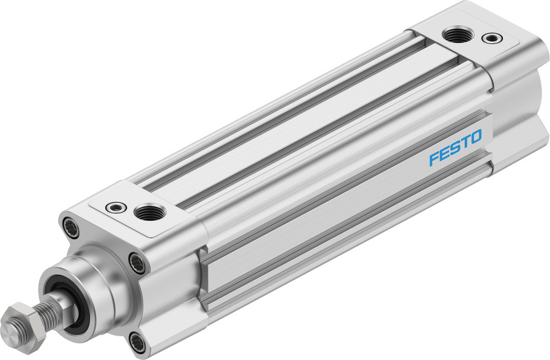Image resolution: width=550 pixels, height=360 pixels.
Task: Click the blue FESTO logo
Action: (x=455, y=147)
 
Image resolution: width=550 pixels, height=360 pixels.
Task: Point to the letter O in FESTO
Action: (x=476, y=136)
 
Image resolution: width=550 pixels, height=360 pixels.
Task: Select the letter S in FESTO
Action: (x=455, y=147)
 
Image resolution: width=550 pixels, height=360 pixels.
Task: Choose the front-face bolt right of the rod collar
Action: (x=137, y=263)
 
